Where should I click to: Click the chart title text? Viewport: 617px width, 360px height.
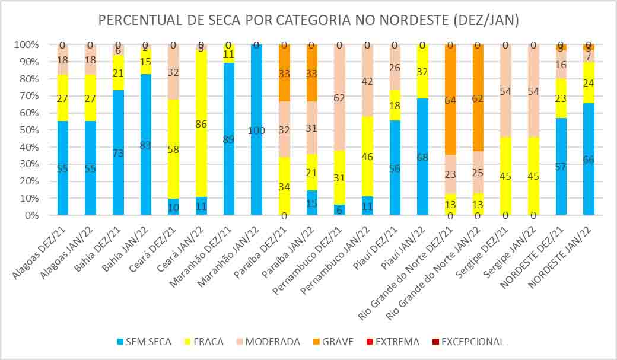308,20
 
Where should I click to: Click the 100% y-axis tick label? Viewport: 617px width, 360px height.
26,45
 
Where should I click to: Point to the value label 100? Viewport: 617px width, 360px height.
256,130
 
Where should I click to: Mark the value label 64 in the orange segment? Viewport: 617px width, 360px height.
451,100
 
